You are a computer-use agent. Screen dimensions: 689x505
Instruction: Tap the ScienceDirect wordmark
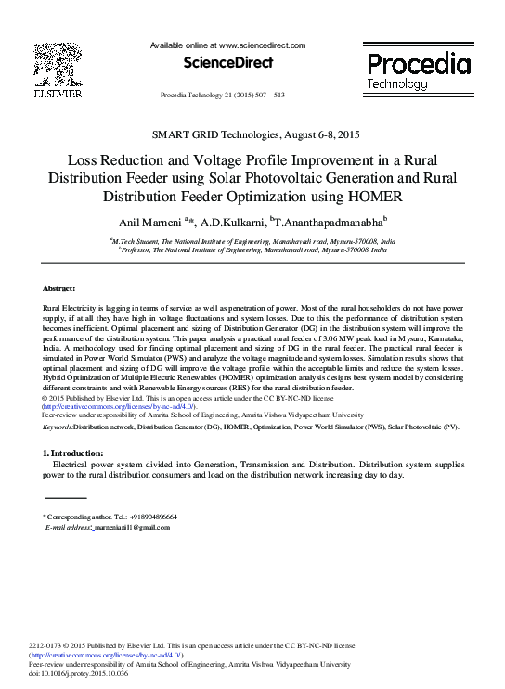point(228,63)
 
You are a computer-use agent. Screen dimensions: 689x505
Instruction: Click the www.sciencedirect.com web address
point(263,45)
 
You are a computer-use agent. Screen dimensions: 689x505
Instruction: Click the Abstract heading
point(59,289)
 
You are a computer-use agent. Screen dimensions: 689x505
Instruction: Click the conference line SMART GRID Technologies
point(252,136)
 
